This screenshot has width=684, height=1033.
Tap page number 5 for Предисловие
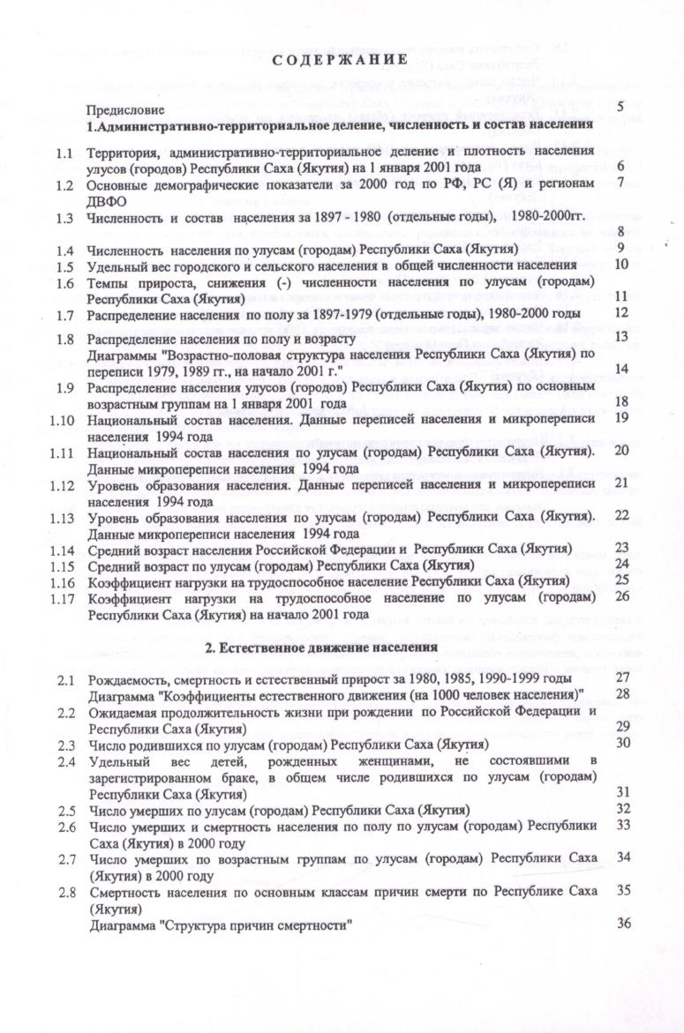[x=621, y=108]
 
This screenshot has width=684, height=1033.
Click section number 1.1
[x=63, y=153]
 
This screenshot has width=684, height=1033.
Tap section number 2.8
[x=63, y=891]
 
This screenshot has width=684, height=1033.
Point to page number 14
[x=621, y=370]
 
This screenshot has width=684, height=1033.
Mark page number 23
[x=621, y=547]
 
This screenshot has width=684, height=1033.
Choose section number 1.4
[x=63, y=249]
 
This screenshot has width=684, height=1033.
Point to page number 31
[x=621, y=792]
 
